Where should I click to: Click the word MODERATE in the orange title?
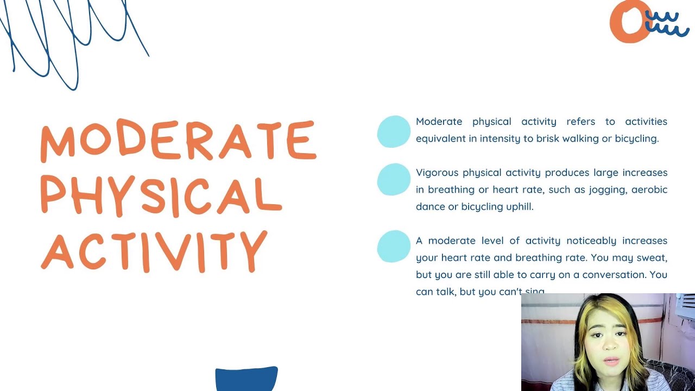click(178, 140)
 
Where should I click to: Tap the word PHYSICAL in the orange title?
click(161, 194)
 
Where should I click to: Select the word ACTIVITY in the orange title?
click(155, 251)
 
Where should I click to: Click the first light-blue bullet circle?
click(394, 131)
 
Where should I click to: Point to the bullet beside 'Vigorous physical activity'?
click(394, 179)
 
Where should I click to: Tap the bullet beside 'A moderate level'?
click(394, 247)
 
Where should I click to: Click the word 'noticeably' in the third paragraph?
click(591, 241)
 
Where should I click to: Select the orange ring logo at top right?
click(629, 22)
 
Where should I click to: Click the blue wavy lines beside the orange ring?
click(668, 23)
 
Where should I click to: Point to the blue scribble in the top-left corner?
click(71, 38)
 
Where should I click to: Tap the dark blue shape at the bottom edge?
click(247, 379)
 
